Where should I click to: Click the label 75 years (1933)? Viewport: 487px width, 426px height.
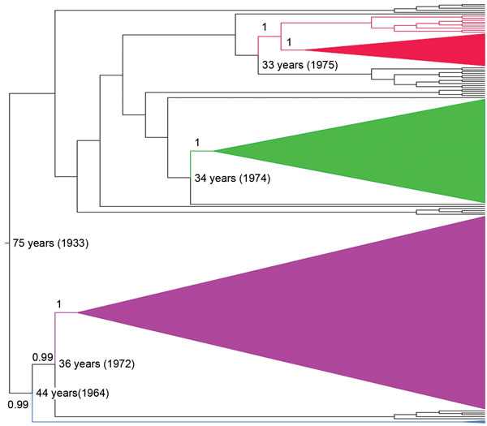[x=50, y=243]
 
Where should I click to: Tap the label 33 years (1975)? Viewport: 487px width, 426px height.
[x=300, y=65]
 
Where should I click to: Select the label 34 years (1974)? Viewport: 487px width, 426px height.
[x=233, y=179]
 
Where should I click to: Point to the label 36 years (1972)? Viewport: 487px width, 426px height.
[x=97, y=364]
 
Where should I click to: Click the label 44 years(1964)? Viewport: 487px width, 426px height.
[x=73, y=393]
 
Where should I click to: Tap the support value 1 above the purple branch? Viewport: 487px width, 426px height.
[x=58, y=304]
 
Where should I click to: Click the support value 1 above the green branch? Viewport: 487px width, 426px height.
[x=197, y=143]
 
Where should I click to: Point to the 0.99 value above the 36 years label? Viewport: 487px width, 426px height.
[x=42, y=357]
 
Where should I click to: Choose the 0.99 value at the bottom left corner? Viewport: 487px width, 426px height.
[x=18, y=405]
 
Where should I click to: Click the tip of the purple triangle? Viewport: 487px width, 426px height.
[x=78, y=312]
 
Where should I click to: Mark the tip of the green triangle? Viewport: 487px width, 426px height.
[x=214, y=151]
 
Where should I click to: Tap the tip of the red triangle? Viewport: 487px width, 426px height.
[x=304, y=49]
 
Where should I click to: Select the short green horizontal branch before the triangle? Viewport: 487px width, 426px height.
[x=202, y=151]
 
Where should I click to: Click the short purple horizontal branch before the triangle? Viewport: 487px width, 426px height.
[x=67, y=312]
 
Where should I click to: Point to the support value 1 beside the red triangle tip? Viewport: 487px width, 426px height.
[x=289, y=42]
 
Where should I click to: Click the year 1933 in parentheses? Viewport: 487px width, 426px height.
[x=73, y=243]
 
